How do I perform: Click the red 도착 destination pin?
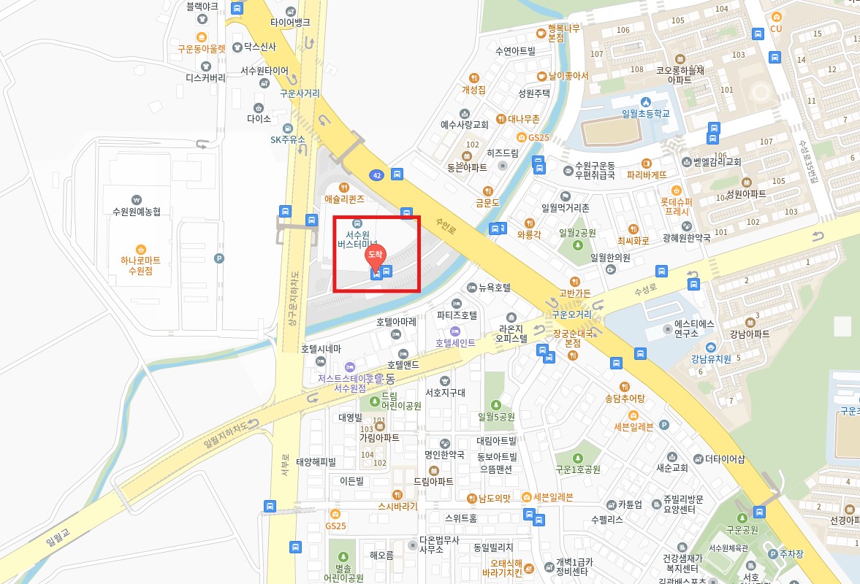click(x=375, y=256)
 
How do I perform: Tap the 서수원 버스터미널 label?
click(x=357, y=239)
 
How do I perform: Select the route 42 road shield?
click(x=376, y=175)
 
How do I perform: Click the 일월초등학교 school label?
click(x=645, y=113)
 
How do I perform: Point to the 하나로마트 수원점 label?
click(x=140, y=265)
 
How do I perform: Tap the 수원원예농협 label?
click(x=136, y=212)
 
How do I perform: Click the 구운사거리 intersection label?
click(x=300, y=93)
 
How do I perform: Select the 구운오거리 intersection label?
click(x=571, y=315)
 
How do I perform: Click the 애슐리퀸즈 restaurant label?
click(x=344, y=198)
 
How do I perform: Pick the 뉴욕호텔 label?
click(x=494, y=288)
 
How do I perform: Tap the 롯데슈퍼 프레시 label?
click(x=676, y=206)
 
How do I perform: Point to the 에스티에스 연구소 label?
click(x=694, y=328)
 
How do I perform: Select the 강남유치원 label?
click(x=711, y=358)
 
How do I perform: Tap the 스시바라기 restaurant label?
click(x=397, y=505)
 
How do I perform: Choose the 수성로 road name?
click(x=625, y=290)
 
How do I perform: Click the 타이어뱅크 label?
click(x=290, y=22)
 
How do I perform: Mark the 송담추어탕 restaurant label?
click(x=624, y=399)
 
